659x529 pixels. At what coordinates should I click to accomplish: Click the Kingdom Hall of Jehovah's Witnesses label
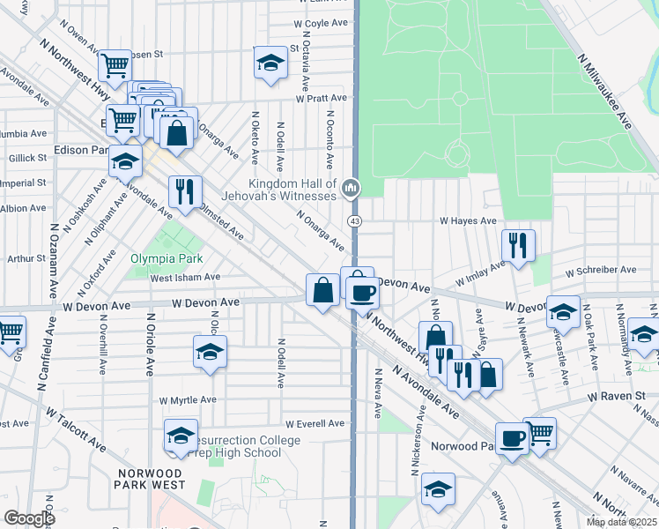pos(281,188)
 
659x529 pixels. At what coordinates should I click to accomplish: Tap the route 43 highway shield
pos(354,220)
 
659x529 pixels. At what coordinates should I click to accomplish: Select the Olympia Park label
pos(167,258)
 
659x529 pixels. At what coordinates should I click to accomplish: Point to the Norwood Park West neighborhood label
pos(152,479)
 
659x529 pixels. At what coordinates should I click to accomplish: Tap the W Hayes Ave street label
pos(469,221)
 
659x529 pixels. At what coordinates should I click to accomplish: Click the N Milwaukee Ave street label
pos(605,92)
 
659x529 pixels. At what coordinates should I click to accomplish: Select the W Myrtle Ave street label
pos(188,399)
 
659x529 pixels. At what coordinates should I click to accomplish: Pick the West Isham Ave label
pos(184,277)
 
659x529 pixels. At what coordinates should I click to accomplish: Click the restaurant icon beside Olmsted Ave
pos(185,191)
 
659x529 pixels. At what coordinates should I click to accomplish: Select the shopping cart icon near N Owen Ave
pos(115,64)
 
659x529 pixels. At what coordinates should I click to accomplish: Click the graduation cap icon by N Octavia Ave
pos(270,63)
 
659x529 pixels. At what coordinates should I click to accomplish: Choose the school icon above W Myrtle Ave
pos(210,353)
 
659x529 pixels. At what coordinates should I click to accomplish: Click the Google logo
pos(29,518)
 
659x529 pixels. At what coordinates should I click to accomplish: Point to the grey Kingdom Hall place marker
pos(352,187)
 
